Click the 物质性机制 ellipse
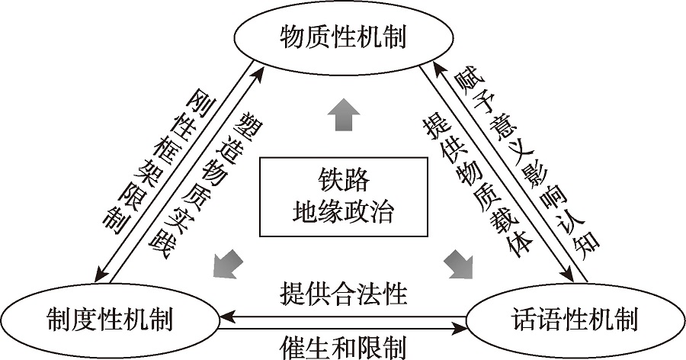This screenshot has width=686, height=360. click(344, 35)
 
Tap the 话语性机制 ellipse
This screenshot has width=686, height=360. click(574, 318)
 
